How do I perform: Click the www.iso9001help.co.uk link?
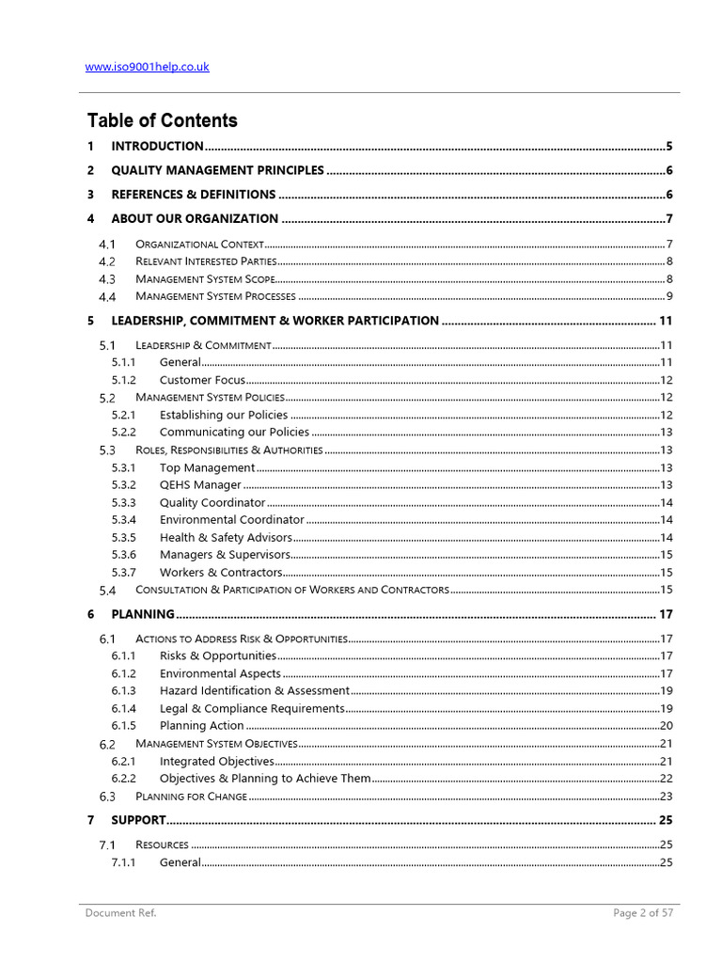(x=147, y=67)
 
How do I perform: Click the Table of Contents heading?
(x=162, y=120)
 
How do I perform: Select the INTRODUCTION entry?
(x=157, y=146)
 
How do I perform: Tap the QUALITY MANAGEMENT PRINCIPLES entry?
(x=217, y=170)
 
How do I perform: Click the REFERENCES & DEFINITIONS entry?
(x=193, y=195)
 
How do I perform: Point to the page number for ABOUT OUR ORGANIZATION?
(x=668, y=219)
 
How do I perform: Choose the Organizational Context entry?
(x=193, y=245)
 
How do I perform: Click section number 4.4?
(x=106, y=297)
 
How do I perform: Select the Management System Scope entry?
(x=205, y=279)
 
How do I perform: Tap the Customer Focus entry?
(x=202, y=380)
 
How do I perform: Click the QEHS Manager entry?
(x=200, y=485)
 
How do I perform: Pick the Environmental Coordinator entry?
(x=231, y=520)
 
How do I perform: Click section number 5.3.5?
(x=123, y=538)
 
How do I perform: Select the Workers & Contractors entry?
(x=220, y=573)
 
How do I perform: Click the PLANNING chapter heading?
(x=143, y=614)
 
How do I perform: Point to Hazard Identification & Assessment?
(x=254, y=691)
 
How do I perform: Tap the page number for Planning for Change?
(x=666, y=797)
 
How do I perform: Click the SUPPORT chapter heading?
(x=138, y=820)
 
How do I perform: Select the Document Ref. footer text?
(x=120, y=913)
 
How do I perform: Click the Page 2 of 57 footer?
(x=643, y=913)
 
